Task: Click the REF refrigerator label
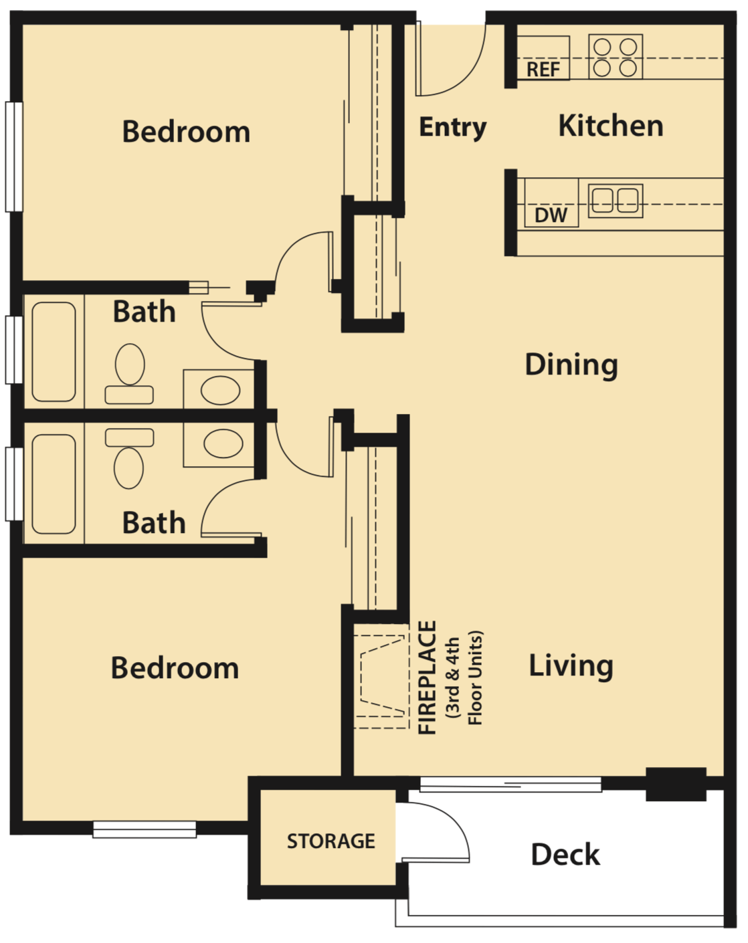(x=543, y=70)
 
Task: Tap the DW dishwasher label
(x=551, y=215)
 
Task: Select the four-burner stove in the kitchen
(x=616, y=57)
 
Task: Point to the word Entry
(x=452, y=127)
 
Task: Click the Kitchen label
(x=610, y=126)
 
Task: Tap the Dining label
(x=571, y=365)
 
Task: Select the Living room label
(x=571, y=665)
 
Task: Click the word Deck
(x=565, y=855)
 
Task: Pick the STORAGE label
(x=331, y=841)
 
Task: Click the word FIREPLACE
(x=428, y=677)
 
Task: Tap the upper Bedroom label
(x=186, y=132)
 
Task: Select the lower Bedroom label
(x=175, y=668)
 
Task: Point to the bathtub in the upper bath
(x=54, y=352)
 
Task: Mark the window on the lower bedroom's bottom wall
(x=145, y=829)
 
